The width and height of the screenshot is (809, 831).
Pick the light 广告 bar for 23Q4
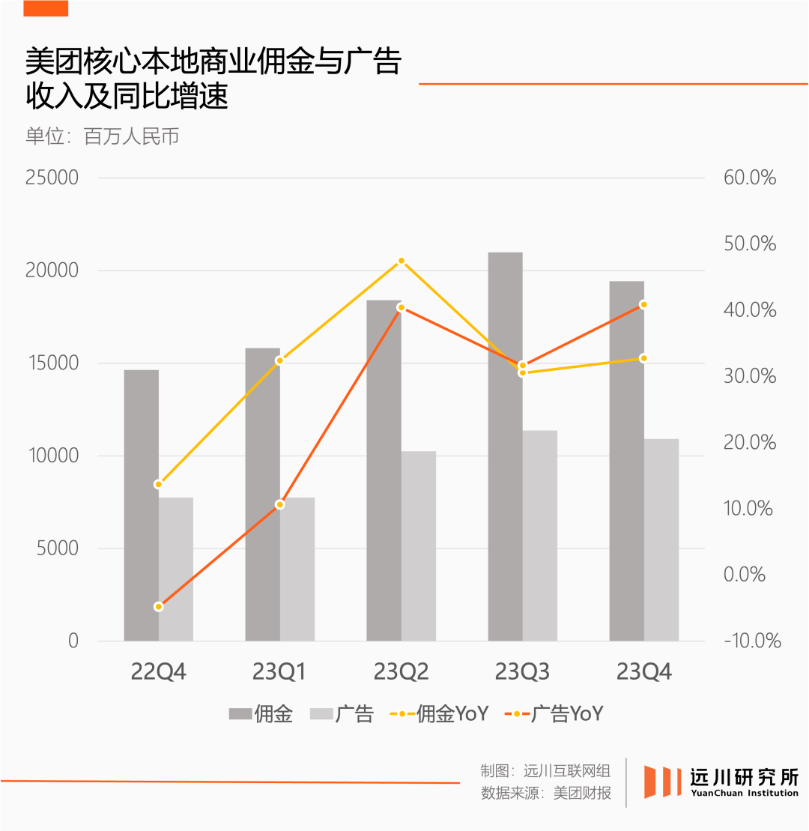(661, 540)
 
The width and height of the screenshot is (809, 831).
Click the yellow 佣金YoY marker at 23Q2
(402, 261)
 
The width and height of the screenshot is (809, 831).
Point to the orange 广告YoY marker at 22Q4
(159, 606)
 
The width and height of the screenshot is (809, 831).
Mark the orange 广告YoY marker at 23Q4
(643, 304)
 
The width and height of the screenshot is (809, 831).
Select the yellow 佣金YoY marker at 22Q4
(159, 484)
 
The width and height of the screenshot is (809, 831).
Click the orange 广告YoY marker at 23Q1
(280, 504)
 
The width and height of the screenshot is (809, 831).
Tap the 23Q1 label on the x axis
(279, 672)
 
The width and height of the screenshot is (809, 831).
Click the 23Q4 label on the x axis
(643, 672)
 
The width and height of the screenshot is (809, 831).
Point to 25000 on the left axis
(52, 178)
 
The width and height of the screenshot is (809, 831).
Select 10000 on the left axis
(52, 456)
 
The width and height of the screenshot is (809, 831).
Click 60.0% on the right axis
(749, 178)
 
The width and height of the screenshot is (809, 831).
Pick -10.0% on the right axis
(752, 641)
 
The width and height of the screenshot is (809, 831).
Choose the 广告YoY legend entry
(554, 714)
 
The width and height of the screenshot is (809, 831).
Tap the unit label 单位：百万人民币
(102, 137)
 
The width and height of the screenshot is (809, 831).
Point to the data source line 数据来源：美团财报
(545, 793)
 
